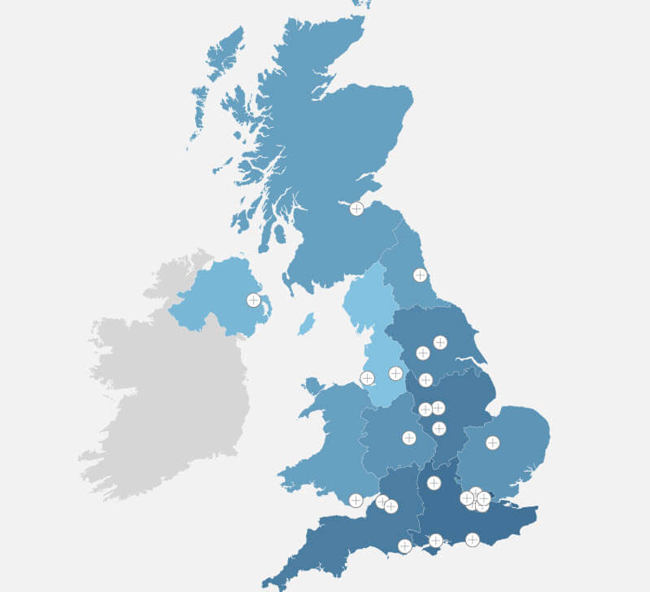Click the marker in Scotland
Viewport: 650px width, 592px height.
pos(356,208)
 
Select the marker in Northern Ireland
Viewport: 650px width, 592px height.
pos(254,300)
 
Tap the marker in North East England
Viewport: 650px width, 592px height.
pos(420,275)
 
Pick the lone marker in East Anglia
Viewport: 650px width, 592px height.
pos(492,442)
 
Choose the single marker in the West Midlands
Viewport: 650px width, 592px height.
pos(409,438)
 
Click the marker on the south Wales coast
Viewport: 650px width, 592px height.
pos(356,500)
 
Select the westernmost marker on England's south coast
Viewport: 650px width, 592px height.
pos(405,546)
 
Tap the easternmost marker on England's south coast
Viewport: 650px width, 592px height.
pos(473,539)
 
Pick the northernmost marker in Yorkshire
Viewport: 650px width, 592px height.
pos(440,342)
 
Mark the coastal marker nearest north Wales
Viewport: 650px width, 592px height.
pos(367,378)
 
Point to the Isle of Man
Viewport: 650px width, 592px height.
pos(306,325)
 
